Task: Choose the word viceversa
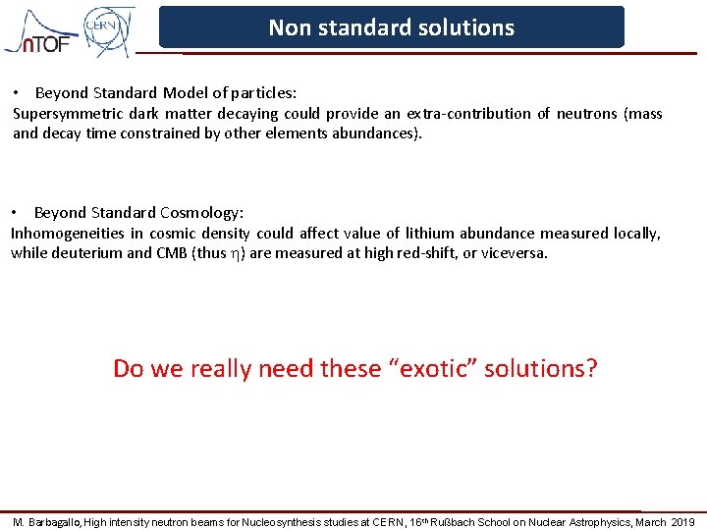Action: tap(512, 253)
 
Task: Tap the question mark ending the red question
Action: tap(591, 369)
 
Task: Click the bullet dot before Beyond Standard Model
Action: tap(17, 93)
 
